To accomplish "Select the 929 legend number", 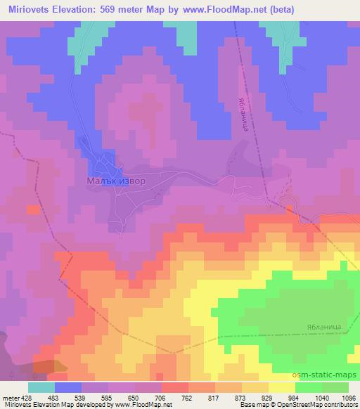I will [x=268, y=398].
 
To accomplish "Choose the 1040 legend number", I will [x=321, y=398].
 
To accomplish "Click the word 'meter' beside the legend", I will [x=10, y=398].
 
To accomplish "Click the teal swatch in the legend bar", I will [x=41, y=387].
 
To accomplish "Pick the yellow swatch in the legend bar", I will [x=281, y=387].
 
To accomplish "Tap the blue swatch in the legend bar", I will [x=68, y=387].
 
